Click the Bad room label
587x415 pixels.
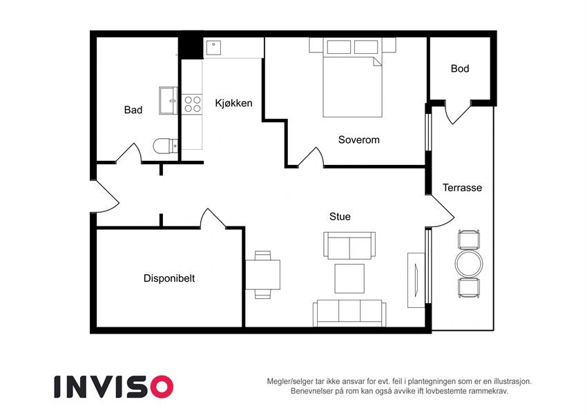(133, 110)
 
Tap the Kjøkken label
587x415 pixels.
(233, 104)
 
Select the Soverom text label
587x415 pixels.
(358, 139)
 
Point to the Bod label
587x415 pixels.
(460, 68)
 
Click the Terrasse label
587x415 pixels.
(462, 187)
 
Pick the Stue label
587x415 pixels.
(340, 216)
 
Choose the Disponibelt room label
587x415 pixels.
(169, 278)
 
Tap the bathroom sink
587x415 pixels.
(168, 101)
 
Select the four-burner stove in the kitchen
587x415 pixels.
(193, 104)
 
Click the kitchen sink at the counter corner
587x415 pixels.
(213, 48)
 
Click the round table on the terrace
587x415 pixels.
(470, 263)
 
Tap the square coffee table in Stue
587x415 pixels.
(349, 278)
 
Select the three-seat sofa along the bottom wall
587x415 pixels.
(349, 313)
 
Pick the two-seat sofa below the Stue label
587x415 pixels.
(349, 245)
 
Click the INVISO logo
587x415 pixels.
(114, 386)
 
